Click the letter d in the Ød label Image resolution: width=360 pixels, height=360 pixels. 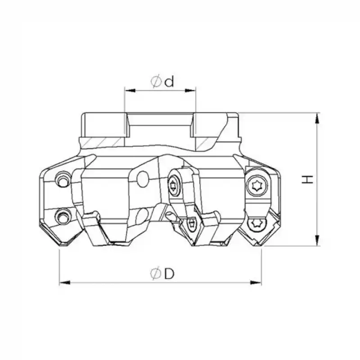point(169,82)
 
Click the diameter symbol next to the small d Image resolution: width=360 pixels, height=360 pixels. point(156,82)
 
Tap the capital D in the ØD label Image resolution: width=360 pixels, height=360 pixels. point(169,274)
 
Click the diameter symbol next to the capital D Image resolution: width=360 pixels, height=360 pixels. point(156,274)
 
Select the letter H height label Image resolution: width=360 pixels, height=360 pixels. point(307,180)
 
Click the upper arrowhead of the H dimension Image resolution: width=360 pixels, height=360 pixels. point(318,118)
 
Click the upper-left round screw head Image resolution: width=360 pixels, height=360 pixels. point(62,180)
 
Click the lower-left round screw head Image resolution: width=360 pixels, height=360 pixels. point(62,218)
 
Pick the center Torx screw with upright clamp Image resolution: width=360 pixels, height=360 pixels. point(174,185)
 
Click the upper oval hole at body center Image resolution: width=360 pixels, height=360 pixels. point(142,179)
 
